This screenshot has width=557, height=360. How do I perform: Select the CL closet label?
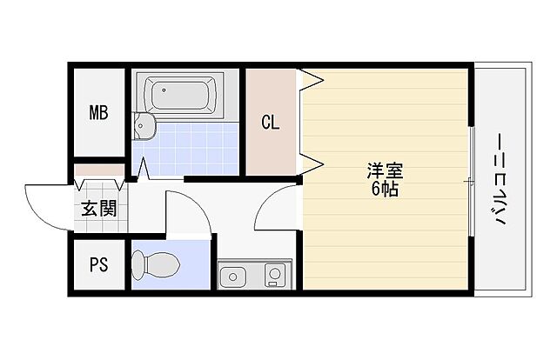272,123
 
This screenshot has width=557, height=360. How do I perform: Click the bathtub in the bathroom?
181,94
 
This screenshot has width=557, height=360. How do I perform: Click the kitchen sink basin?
233,277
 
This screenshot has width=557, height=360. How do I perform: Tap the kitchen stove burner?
274,277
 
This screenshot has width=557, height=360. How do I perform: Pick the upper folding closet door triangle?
312,82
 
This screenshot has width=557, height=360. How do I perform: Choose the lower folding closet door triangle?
312,163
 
